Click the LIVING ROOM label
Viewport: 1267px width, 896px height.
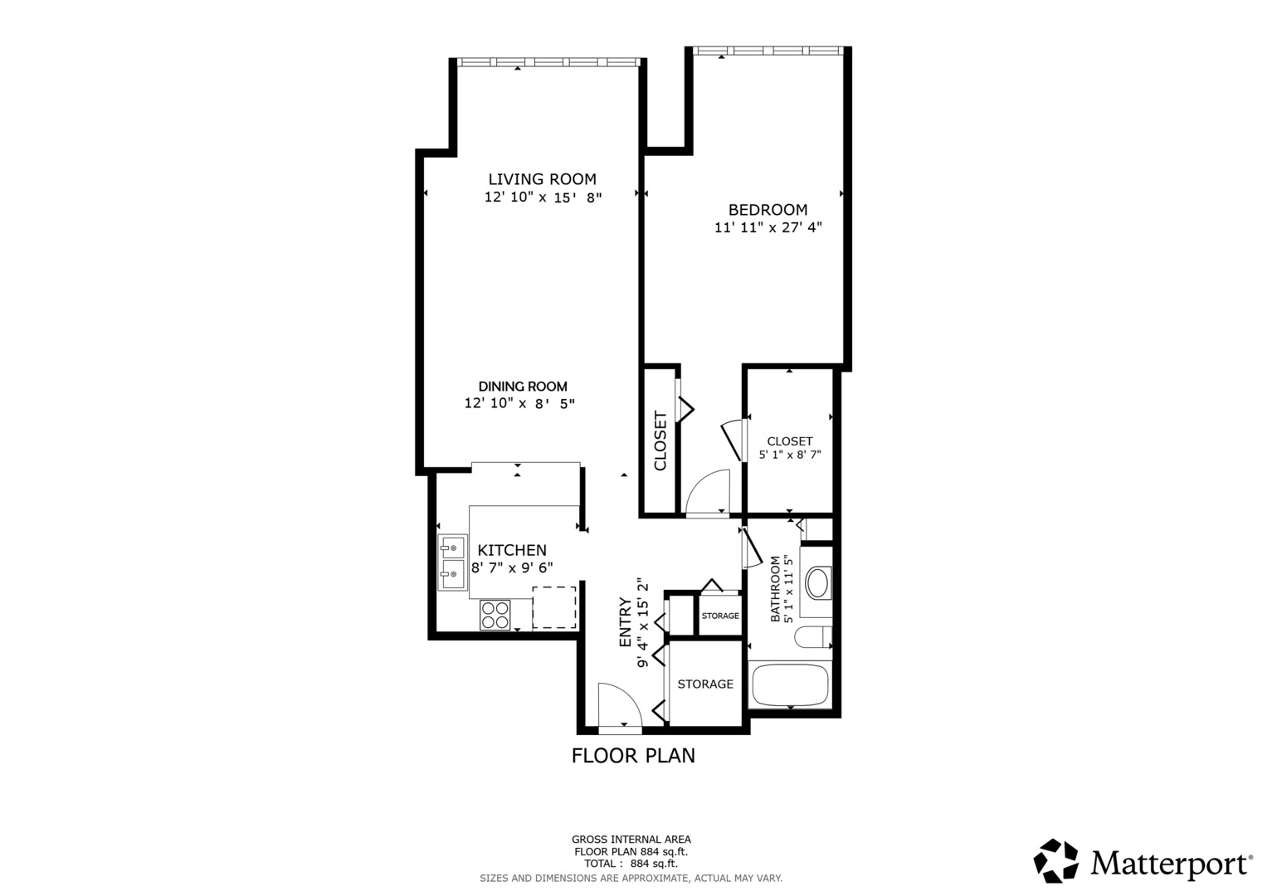point(542,179)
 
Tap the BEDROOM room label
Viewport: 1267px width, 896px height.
point(768,210)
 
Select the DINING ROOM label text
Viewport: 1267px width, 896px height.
point(523,387)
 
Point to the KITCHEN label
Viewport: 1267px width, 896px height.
point(512,550)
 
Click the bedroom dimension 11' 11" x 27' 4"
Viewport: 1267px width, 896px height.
point(768,227)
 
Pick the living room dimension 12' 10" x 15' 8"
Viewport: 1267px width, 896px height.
point(542,197)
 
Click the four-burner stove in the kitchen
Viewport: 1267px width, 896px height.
point(495,616)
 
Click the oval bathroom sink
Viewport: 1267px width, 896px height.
point(818,583)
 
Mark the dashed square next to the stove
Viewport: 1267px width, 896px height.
point(553,607)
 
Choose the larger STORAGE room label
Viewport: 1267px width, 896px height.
point(705,684)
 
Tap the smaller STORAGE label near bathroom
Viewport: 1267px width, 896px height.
point(720,616)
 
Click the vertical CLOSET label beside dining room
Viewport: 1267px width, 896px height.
point(660,441)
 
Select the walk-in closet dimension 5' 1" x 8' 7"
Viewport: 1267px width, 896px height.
point(790,455)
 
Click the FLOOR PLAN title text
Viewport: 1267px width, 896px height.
point(633,756)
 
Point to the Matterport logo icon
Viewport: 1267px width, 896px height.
point(1055,861)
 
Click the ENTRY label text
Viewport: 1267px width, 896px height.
point(625,622)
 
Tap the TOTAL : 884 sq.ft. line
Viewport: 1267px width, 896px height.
point(631,864)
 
